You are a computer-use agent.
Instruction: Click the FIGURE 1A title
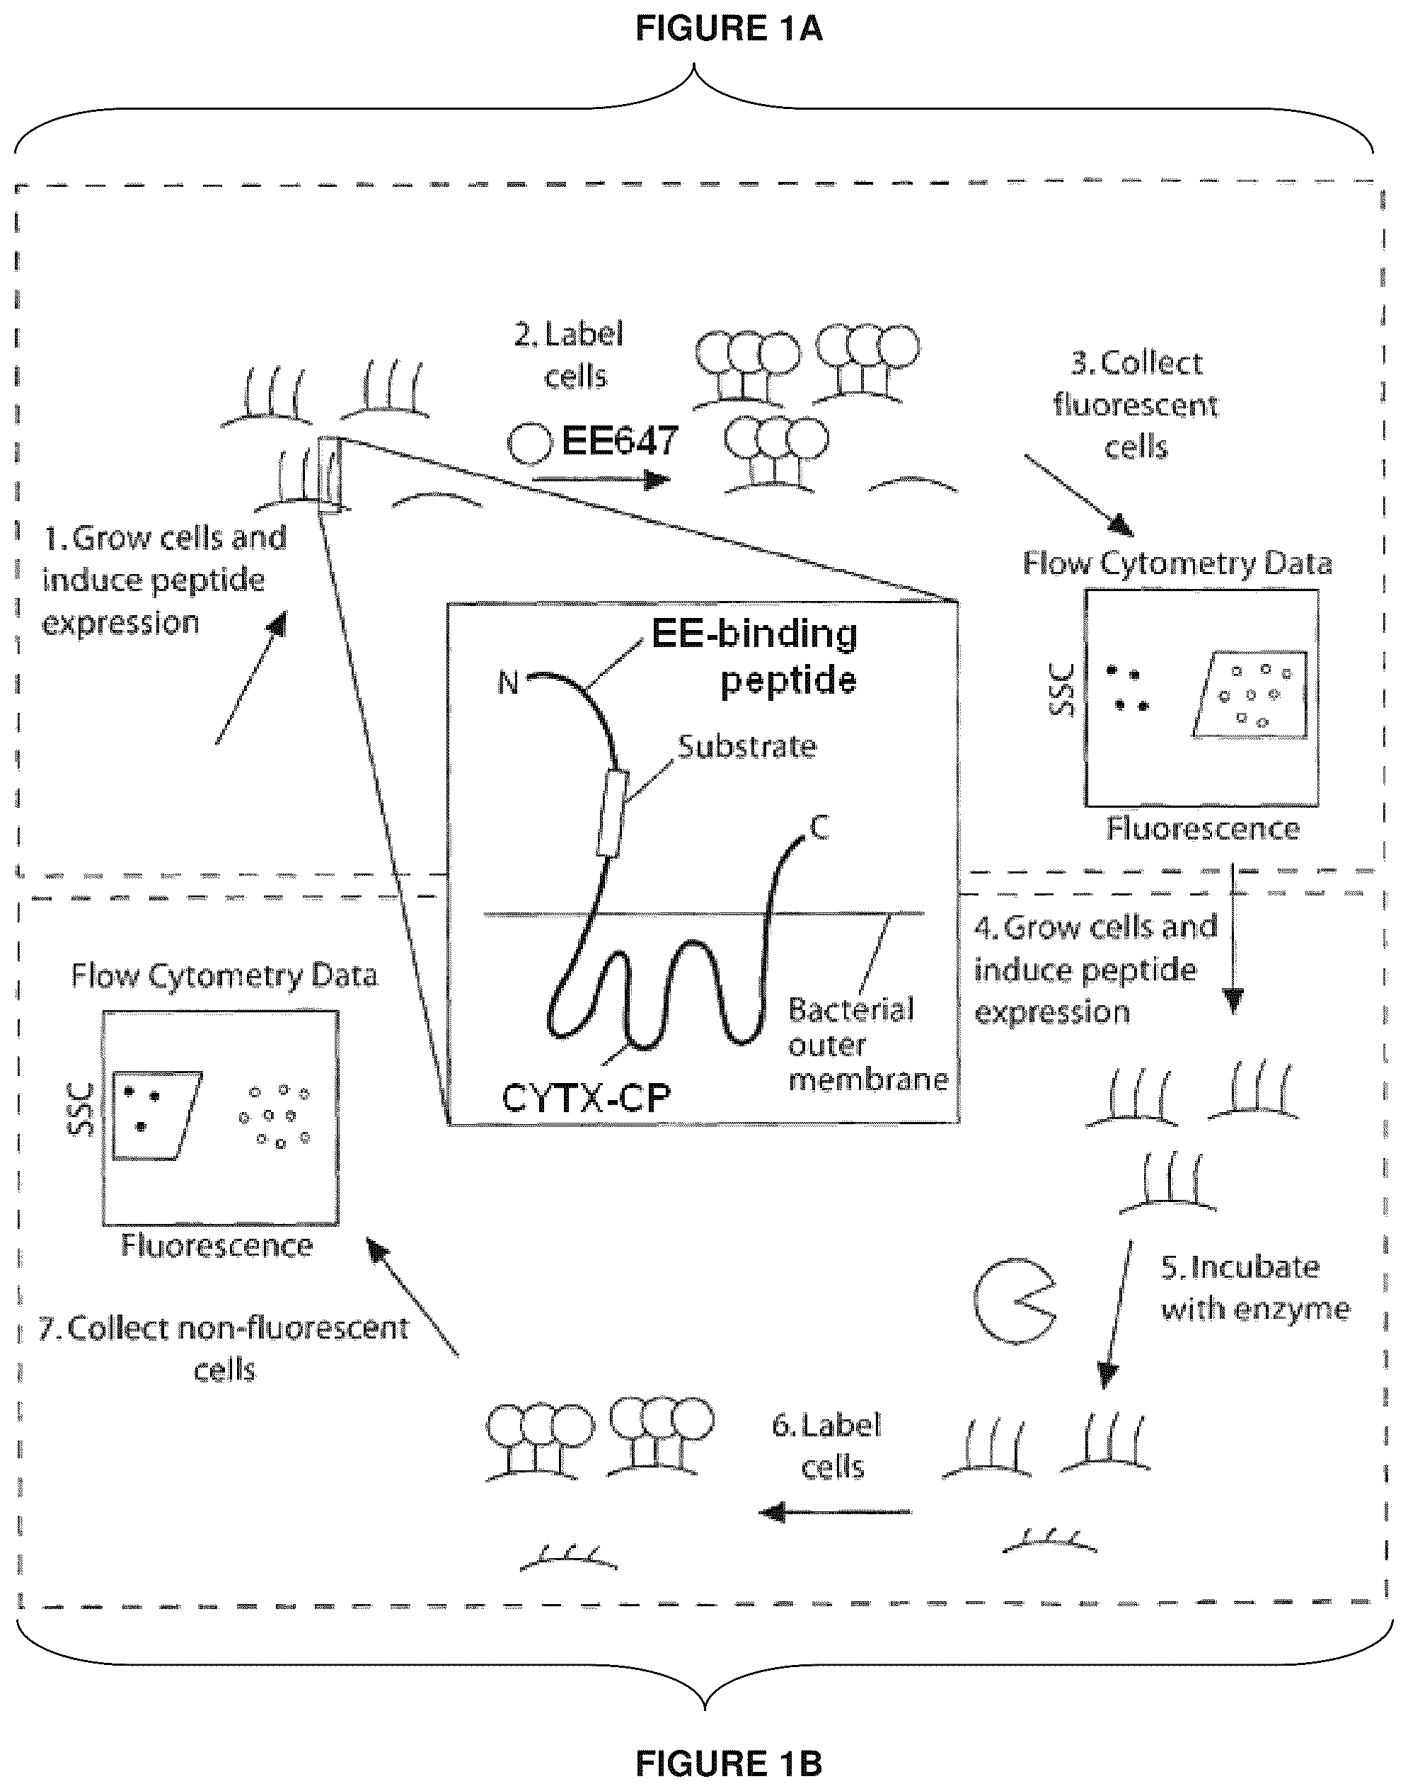tap(729, 28)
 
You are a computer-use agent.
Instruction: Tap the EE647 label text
tap(620, 440)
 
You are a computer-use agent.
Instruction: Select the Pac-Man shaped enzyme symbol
tap(1015, 1300)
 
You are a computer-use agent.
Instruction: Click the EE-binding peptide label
tap(755, 657)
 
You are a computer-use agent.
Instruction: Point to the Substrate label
tap(747, 746)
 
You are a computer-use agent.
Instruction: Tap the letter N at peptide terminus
tap(509, 682)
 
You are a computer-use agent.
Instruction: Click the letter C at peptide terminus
tap(819, 827)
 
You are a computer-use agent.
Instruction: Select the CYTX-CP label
tap(585, 1097)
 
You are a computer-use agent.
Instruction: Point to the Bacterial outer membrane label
tap(868, 1044)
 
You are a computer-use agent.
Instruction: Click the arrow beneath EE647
tap(602, 479)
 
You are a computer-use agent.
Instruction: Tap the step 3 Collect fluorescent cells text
tap(1136, 405)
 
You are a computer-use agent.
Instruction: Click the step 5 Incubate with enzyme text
tap(1254, 1288)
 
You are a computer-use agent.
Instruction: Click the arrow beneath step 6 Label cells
tap(835, 1512)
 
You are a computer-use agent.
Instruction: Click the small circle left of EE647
tap(529, 444)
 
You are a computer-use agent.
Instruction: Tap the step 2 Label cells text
tap(570, 355)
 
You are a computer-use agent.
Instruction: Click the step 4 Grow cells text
tap(1095, 970)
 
